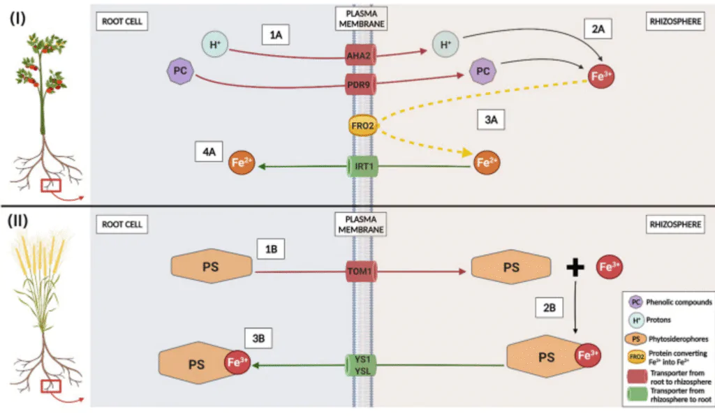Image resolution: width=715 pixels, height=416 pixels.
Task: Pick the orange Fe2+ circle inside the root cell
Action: (x=242, y=164)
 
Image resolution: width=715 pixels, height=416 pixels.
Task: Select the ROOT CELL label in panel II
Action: (x=121, y=225)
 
